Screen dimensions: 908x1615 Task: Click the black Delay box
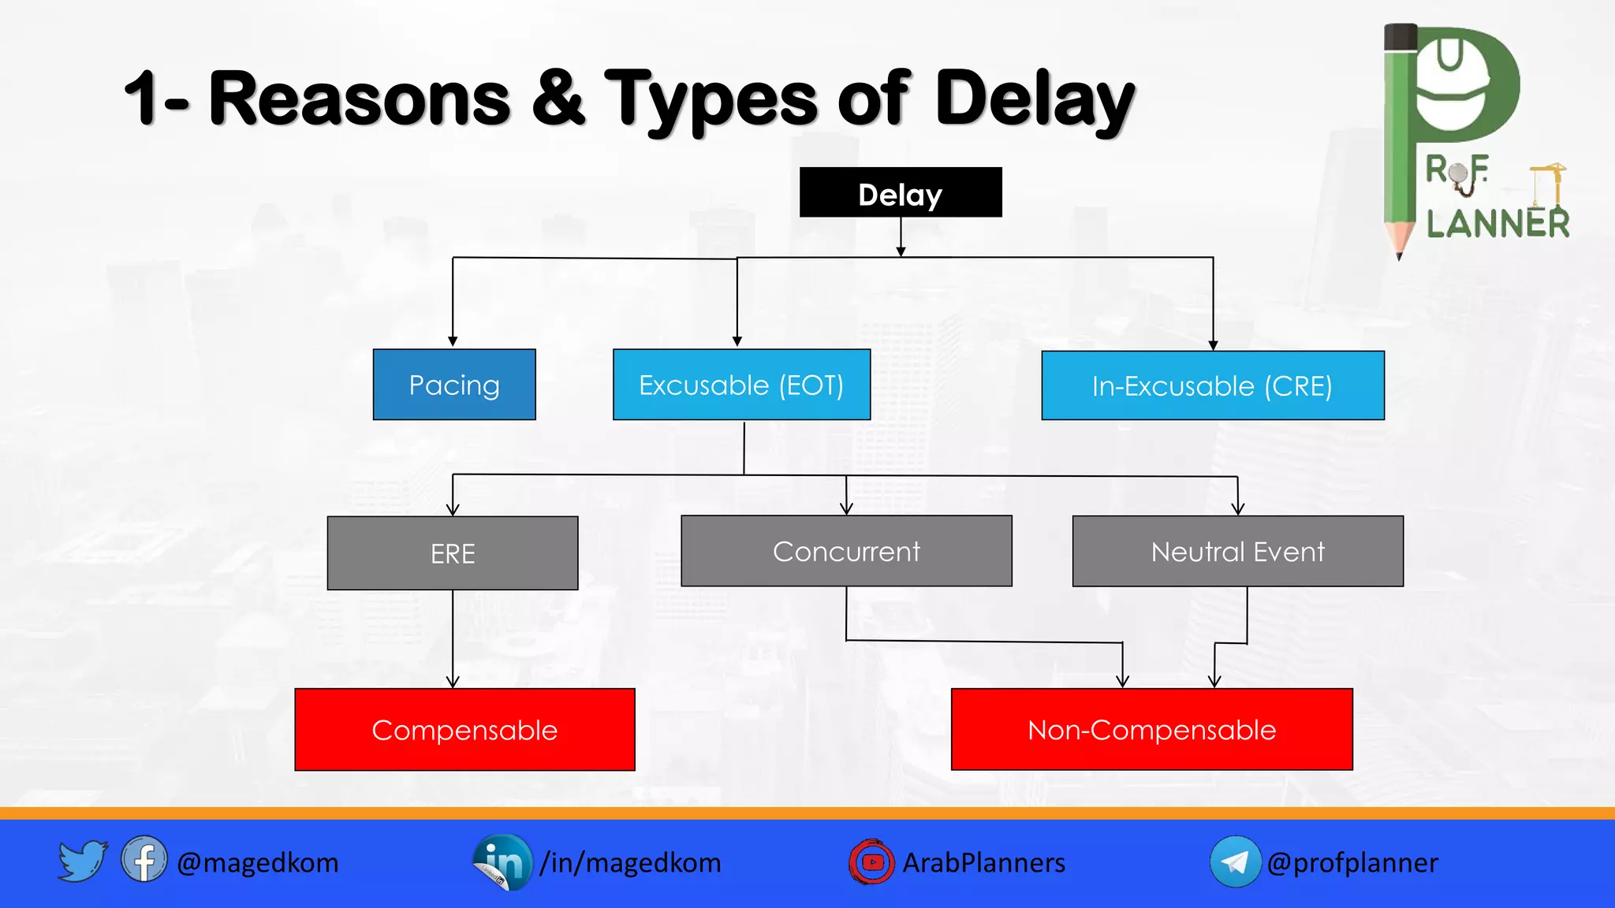click(900, 192)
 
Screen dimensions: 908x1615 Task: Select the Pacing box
click(454, 385)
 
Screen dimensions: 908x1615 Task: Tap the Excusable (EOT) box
click(741, 385)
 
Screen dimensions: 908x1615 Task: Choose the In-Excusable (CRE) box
click(1212, 385)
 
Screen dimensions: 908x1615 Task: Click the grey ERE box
click(453, 553)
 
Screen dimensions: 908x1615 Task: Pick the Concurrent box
click(846, 551)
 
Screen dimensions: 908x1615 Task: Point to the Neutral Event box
click(1237, 551)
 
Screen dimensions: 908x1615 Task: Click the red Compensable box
click(464, 730)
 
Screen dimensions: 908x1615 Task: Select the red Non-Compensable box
click(1151, 730)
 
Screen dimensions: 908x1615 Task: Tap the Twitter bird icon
click(82, 861)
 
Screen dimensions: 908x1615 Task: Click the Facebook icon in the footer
click(144, 860)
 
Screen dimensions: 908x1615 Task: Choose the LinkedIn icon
click(502, 861)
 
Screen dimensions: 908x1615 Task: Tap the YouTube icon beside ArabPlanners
click(871, 862)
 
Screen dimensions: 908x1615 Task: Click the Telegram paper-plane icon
click(1235, 861)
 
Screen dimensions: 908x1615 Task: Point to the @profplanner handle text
click(1352, 862)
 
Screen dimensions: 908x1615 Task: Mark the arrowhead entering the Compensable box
click(453, 682)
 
